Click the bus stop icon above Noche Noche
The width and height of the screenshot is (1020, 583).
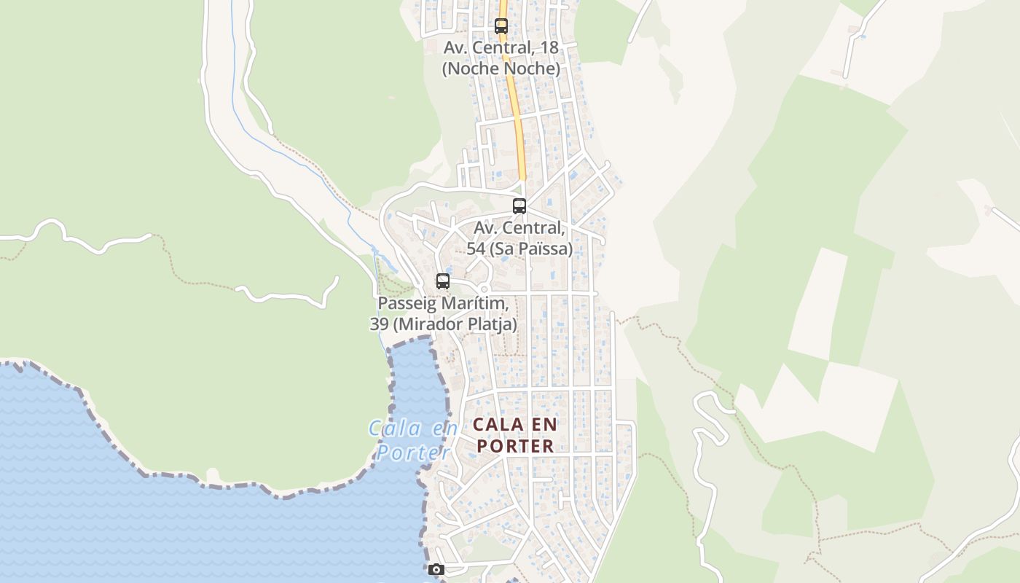tap(501, 26)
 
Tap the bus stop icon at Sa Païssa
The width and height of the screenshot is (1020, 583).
tap(519, 206)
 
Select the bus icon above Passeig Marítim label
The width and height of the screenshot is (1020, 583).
tap(442, 281)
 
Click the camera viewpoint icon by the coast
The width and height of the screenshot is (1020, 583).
tap(436, 570)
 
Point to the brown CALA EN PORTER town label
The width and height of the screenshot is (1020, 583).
tap(515, 435)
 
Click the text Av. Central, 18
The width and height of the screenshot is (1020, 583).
tap(501, 47)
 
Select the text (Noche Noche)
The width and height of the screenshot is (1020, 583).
tap(501, 69)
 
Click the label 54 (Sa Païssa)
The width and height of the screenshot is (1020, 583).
tap(519, 249)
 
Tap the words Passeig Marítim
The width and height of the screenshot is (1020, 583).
tap(442, 303)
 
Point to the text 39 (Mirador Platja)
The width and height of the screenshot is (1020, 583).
tap(443, 324)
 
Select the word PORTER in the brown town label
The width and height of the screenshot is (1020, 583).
tap(515, 446)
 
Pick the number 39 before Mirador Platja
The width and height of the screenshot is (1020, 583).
tap(379, 324)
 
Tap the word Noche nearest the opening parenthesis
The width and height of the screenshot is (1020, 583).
tap(470, 69)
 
